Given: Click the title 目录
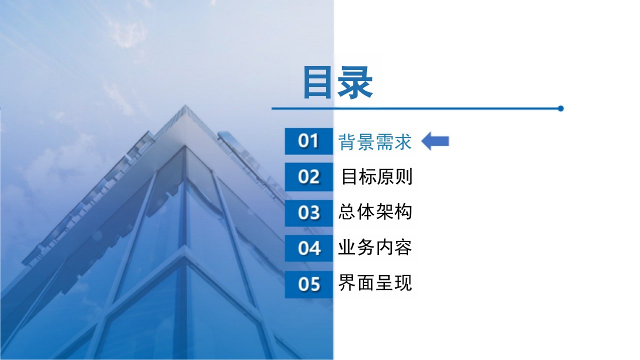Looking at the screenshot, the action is click(x=338, y=82).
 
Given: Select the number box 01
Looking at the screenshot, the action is click(x=309, y=141).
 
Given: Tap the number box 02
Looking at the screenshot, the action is click(x=309, y=177).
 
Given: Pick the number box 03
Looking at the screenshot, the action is click(x=309, y=213).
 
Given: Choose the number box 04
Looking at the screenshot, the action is click(x=309, y=248).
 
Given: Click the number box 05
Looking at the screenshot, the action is click(x=309, y=284).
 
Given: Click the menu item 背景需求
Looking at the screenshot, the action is click(x=375, y=141).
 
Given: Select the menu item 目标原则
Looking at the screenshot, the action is click(x=377, y=177).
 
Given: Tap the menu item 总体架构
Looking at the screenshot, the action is click(x=375, y=212).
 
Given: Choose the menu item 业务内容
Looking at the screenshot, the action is click(x=375, y=247).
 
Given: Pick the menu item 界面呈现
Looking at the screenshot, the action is click(x=375, y=282).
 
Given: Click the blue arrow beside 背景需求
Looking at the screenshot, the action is click(x=435, y=141).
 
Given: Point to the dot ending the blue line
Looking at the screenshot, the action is click(x=560, y=108).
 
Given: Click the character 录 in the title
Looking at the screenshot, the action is click(x=355, y=82).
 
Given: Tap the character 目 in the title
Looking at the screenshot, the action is click(x=316, y=82).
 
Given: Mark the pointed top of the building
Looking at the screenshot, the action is click(x=185, y=105).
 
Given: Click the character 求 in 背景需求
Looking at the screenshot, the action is click(x=403, y=141).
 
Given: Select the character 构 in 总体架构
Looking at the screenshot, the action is click(x=403, y=212).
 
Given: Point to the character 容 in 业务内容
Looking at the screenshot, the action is click(x=403, y=247).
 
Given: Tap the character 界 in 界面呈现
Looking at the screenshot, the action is click(x=347, y=282).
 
